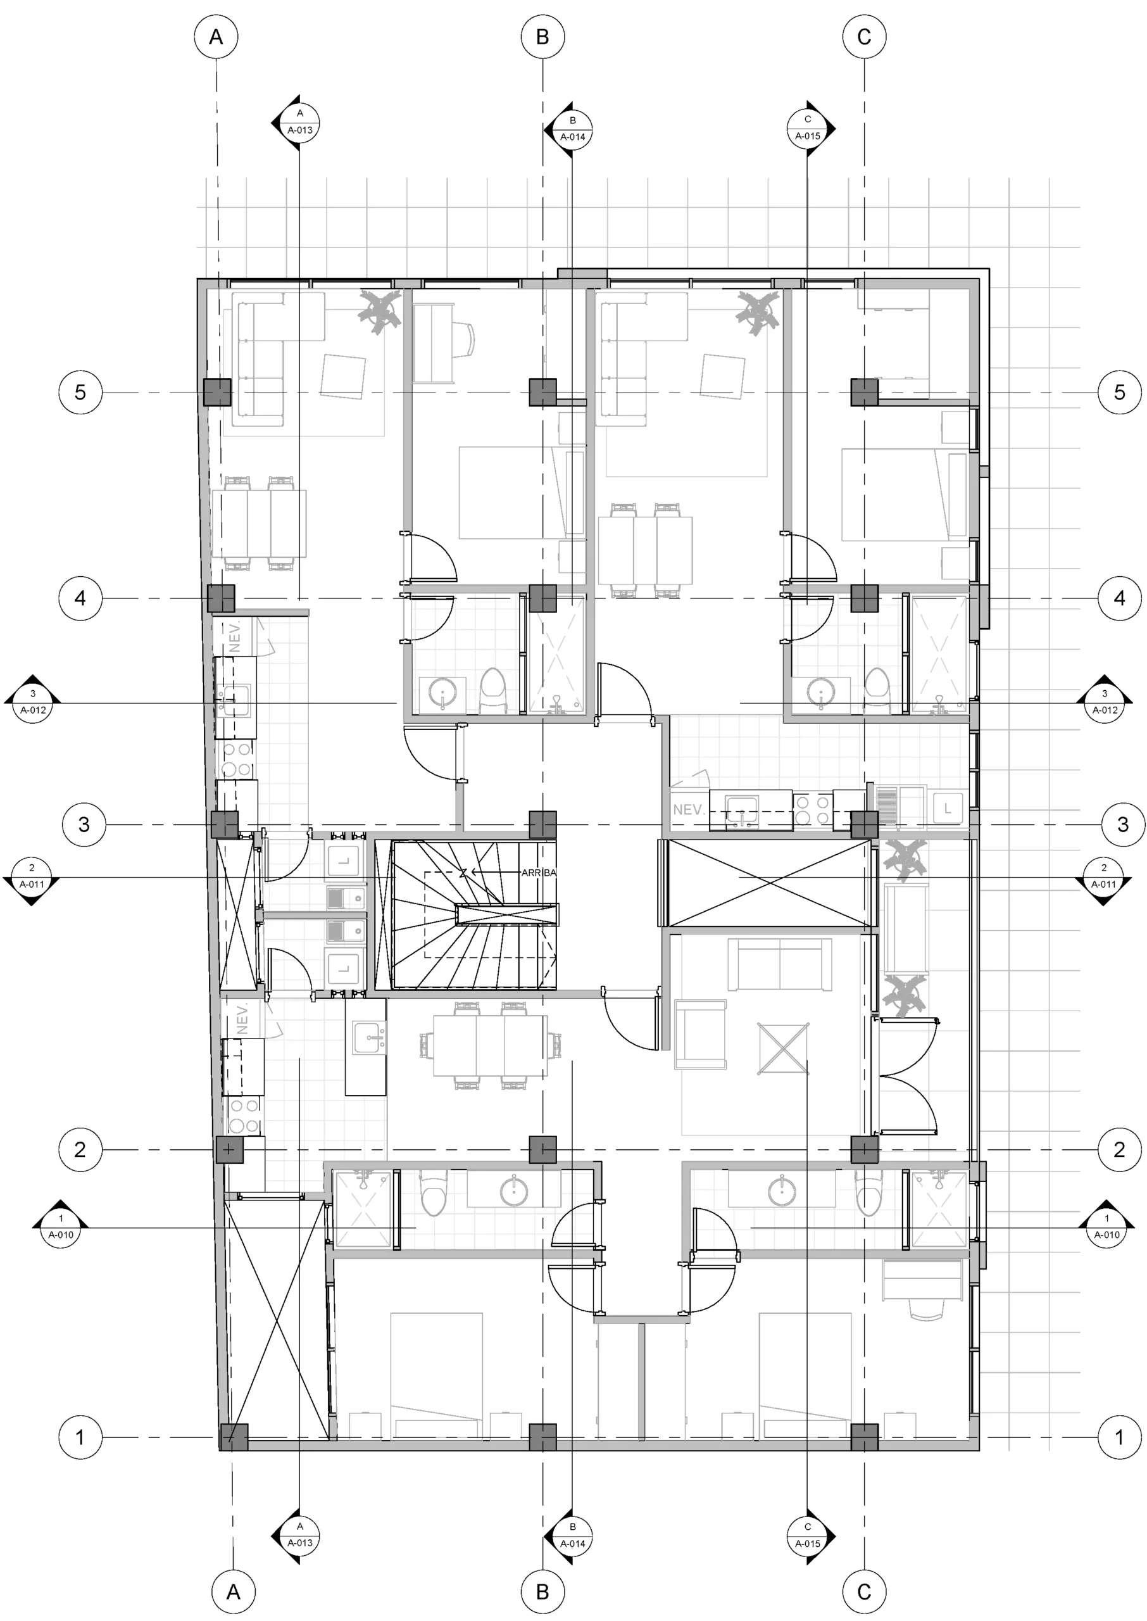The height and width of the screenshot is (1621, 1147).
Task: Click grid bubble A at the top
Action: tap(216, 37)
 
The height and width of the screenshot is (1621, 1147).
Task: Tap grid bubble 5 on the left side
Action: tap(80, 392)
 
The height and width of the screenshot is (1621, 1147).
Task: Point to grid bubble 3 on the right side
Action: tap(1122, 824)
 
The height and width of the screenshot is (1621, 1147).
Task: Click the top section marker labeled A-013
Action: tap(299, 122)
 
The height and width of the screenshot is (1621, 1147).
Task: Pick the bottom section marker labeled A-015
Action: tap(808, 1536)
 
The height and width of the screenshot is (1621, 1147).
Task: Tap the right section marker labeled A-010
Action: tap(1106, 1228)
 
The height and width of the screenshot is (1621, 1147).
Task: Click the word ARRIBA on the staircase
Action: tap(538, 873)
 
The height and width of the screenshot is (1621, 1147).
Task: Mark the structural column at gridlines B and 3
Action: tap(542, 824)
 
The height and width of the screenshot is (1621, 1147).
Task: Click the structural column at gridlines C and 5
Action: tap(864, 392)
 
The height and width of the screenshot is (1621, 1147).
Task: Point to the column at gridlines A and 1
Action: tap(234, 1437)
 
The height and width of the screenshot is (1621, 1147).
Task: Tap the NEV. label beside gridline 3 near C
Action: tap(687, 809)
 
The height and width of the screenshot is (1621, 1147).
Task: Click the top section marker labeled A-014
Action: tap(572, 129)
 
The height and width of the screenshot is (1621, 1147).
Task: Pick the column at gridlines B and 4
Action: tap(542, 598)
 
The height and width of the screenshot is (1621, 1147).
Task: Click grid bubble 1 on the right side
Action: tap(1119, 1437)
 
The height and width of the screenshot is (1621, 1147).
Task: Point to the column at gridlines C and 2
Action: tap(864, 1150)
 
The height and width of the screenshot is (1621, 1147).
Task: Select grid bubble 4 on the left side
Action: tap(80, 598)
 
